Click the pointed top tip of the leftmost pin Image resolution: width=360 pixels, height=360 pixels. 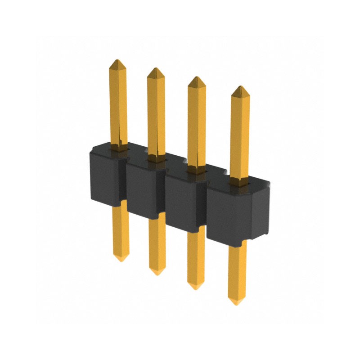click(x=117, y=60)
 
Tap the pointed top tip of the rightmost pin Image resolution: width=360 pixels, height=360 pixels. click(x=241, y=87)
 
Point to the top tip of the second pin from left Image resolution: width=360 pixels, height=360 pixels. click(x=156, y=69)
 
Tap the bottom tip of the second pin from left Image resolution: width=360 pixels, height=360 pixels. click(x=157, y=272)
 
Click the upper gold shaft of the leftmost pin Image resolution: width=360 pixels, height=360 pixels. click(x=118, y=103)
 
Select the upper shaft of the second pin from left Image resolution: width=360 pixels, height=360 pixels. click(x=156, y=112)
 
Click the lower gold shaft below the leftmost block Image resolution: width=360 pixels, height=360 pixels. click(x=120, y=229)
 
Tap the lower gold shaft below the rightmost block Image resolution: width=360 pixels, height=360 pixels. click(x=237, y=270)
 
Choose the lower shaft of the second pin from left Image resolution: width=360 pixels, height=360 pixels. click(x=157, y=243)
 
